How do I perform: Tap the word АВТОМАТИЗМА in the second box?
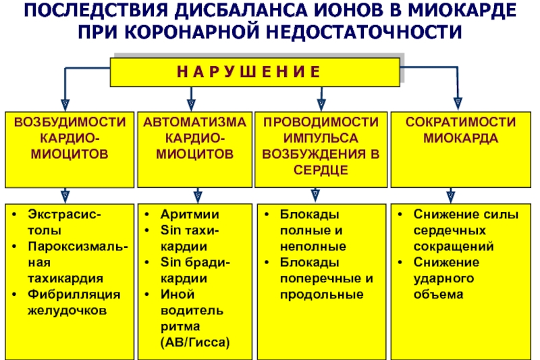click(x=194, y=122)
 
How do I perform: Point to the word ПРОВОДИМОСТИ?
click(x=321, y=122)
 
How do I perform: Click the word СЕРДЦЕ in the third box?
click(x=321, y=170)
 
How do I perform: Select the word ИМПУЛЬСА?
click(x=321, y=138)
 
